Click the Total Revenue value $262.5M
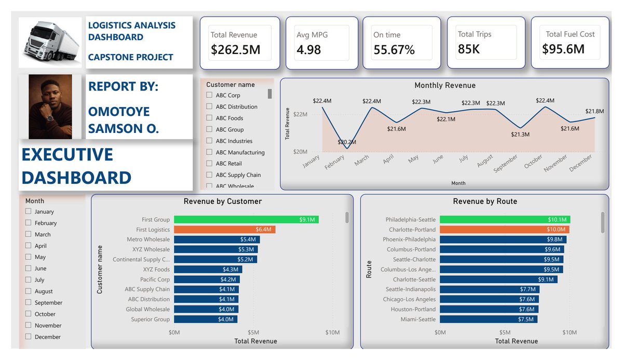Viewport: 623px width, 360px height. pos(235,50)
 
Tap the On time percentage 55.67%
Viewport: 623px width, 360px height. pos(394,50)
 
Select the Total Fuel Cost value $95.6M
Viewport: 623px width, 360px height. pos(563,49)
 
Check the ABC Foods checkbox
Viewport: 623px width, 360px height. pos(209,118)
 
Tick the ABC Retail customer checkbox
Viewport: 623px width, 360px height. pos(209,163)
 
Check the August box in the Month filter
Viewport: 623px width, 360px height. pos(28,291)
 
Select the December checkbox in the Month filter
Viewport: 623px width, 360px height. pos(28,336)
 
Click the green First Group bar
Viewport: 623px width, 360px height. pos(247,220)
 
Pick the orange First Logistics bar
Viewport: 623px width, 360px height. pos(225,230)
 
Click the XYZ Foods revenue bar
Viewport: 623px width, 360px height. pos(208,269)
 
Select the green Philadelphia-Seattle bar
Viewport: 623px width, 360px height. pos(505,220)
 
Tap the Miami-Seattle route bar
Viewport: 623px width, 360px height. pos(489,319)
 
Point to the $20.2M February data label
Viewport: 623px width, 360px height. pos(347,142)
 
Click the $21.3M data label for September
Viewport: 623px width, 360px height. pos(520,135)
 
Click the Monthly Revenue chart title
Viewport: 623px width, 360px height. pos(445,85)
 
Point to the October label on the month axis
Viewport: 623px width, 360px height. pos(533,162)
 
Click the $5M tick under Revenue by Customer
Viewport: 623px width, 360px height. pos(253,332)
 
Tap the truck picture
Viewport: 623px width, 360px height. pos(50,42)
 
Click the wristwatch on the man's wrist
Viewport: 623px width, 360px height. pos(50,118)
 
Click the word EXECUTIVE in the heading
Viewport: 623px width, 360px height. pos(67,154)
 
